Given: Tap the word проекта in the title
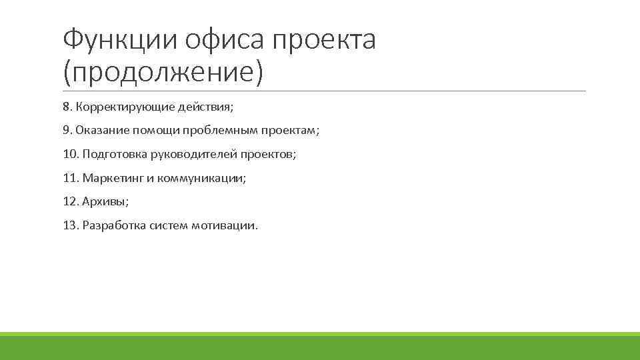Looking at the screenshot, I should tap(325, 40).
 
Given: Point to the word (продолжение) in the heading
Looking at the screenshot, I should tap(163, 71).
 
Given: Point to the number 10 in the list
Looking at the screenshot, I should tap(70, 154).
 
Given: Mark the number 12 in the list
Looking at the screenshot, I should tap(70, 201).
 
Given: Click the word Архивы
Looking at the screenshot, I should tap(105, 201).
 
